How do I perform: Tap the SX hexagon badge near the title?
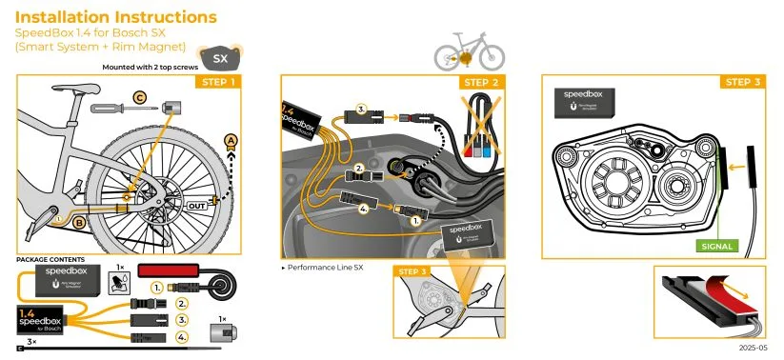(219, 58)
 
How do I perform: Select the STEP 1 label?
(220, 82)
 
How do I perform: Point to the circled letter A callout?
(230, 140)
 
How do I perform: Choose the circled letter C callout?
(140, 96)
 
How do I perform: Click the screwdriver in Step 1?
(119, 110)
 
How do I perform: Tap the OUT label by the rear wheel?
(197, 203)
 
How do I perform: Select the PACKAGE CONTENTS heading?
(50, 259)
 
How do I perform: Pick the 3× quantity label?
(31, 341)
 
